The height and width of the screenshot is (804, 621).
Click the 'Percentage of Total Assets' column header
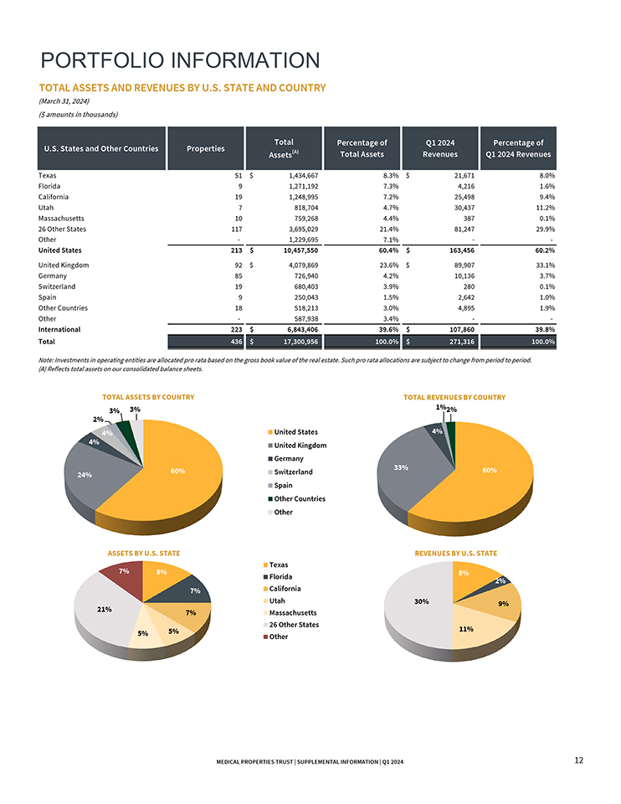coord(362,148)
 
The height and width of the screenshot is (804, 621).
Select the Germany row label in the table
coord(54,276)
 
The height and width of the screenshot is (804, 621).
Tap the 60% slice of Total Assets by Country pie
coord(176,473)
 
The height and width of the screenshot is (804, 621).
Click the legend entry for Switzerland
coord(294,472)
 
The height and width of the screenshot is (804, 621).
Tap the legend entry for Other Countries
coord(300,498)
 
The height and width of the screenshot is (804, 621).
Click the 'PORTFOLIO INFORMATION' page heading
coord(181,60)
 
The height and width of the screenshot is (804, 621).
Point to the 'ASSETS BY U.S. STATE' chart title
coord(143,554)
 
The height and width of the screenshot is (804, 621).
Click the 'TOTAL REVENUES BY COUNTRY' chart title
coord(454,397)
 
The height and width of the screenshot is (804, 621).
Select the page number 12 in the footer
coord(578,760)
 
